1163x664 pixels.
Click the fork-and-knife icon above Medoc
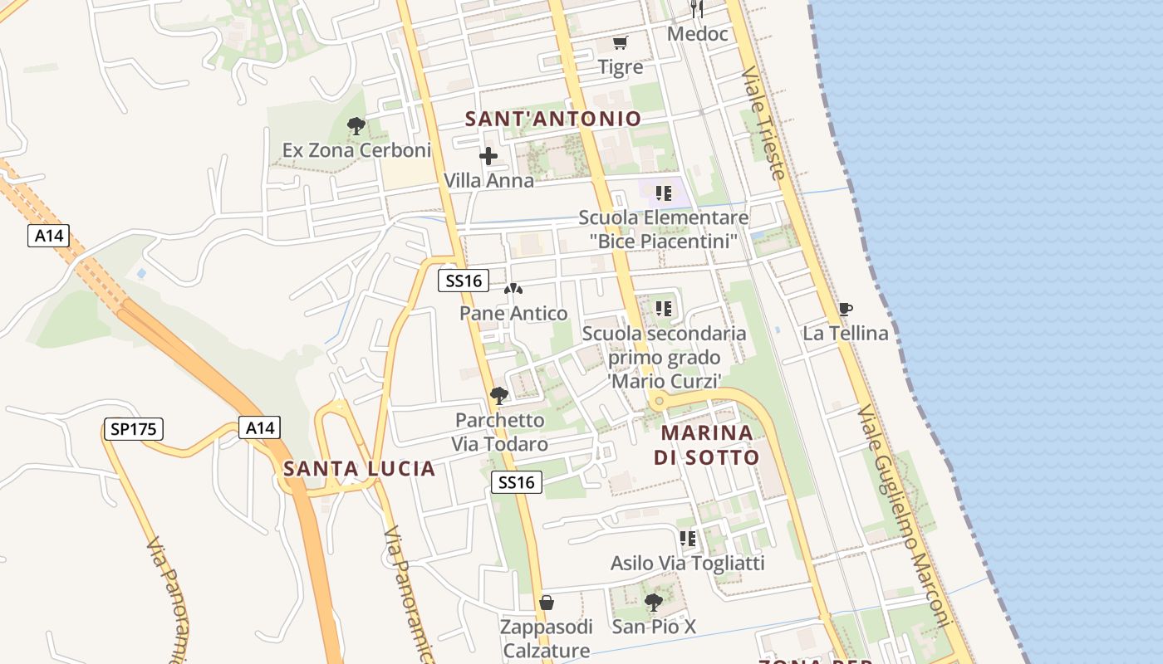[x=697, y=9]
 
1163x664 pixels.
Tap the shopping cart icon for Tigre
[x=620, y=42]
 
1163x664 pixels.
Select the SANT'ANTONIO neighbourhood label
[x=553, y=119]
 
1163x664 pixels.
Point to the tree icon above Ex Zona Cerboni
[x=356, y=126]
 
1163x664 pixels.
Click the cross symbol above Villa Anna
[x=488, y=155]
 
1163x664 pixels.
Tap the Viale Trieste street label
[x=763, y=123]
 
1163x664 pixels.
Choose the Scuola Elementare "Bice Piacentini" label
[x=664, y=229]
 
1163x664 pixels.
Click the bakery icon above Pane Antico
[x=513, y=290]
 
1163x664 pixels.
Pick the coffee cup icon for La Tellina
[x=845, y=310]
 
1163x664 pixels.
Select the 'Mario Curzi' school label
[x=664, y=357]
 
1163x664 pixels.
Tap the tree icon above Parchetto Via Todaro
[x=498, y=395]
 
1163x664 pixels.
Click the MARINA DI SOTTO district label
[x=707, y=445]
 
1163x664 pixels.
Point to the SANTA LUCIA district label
[x=359, y=469]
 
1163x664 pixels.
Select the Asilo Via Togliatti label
[x=687, y=563]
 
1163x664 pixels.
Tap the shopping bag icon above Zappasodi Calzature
[x=546, y=602]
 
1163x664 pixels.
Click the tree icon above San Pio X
[x=654, y=602]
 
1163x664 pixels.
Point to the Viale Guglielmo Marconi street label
[x=905, y=515]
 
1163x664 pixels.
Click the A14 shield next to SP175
[x=260, y=428]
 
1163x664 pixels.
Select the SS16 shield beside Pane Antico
[x=464, y=281]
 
